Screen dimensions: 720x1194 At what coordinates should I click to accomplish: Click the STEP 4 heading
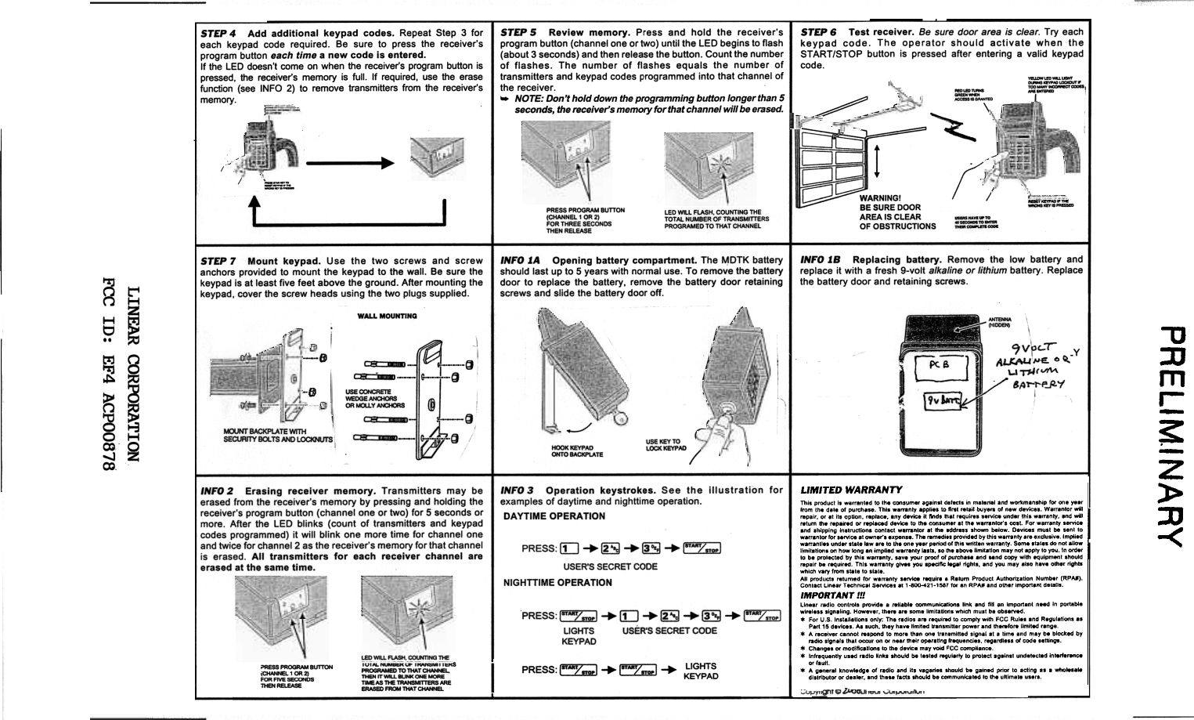(x=219, y=34)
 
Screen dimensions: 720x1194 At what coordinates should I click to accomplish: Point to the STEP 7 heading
(x=218, y=261)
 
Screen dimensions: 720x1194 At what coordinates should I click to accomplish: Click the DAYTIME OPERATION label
(x=554, y=516)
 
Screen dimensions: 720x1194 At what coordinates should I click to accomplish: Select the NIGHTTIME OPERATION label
(x=557, y=582)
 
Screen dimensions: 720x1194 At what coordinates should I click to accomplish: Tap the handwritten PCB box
(x=939, y=365)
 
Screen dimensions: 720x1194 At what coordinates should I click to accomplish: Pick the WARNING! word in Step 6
(x=881, y=197)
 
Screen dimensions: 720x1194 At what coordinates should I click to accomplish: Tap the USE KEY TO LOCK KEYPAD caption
(x=666, y=444)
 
